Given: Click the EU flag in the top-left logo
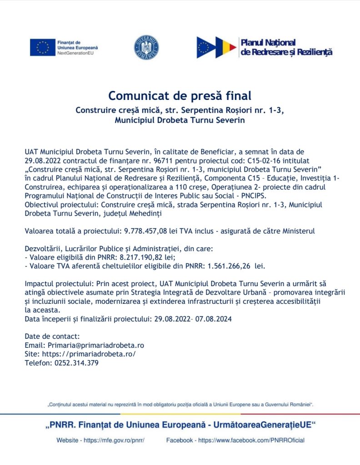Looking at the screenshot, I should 43,47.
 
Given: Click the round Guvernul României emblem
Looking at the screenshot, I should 146,47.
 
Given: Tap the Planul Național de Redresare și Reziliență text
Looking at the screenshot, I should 286,47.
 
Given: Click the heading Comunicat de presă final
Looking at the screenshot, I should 180,96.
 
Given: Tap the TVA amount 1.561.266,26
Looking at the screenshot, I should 230,265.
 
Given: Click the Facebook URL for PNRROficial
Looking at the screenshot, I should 251,440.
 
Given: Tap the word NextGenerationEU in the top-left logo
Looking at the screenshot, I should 75,53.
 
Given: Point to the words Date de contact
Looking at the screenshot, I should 52,336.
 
